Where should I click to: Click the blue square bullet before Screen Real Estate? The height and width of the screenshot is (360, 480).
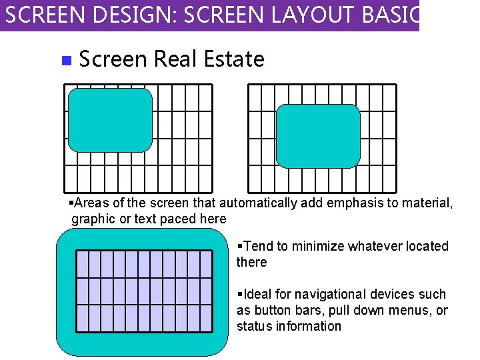pyautogui.click(x=65, y=61)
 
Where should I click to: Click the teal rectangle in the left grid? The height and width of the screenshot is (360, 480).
pyautogui.click(x=110, y=120)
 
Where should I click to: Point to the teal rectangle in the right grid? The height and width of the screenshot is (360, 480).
pyautogui.click(x=318, y=136)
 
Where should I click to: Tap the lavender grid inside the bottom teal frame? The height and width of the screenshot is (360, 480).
pyautogui.click(x=144, y=291)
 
